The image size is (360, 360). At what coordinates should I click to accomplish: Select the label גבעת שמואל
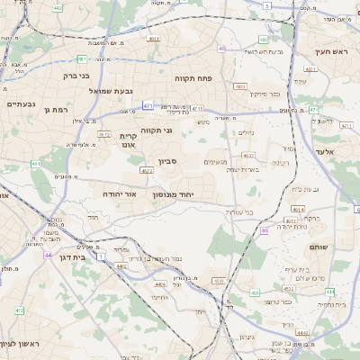[110, 91]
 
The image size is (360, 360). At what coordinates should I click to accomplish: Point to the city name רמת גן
[55, 110]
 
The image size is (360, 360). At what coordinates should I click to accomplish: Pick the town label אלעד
[325, 152]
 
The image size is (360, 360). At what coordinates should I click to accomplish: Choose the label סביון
[170, 162]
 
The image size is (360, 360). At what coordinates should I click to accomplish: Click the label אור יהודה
[118, 193]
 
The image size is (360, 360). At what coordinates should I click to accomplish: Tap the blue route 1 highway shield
[101, 257]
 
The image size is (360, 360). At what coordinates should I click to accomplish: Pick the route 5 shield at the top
[266, 6]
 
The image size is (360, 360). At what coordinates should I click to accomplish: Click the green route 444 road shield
[330, 292]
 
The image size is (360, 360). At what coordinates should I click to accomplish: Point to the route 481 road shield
[82, 58]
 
